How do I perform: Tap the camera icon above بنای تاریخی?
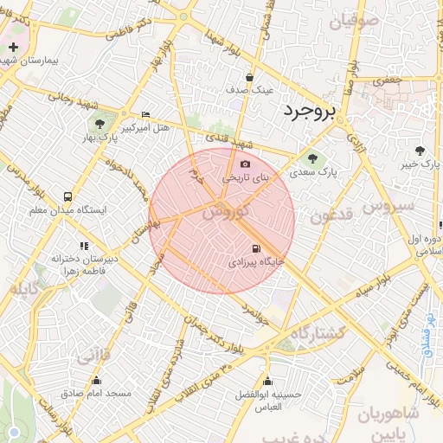coord(245,164)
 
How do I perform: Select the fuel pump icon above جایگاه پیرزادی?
coord(255,247)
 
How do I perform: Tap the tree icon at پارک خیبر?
coord(420,150)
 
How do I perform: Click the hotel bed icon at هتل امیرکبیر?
coord(145,115)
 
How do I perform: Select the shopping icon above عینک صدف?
coord(250,76)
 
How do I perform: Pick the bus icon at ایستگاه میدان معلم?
coord(67,196)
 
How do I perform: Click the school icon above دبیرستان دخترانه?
coord(84,246)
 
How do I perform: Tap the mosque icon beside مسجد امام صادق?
coord(97,381)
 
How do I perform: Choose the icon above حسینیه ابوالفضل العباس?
coord(267,382)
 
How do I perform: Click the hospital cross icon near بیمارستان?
coord(14,47)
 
